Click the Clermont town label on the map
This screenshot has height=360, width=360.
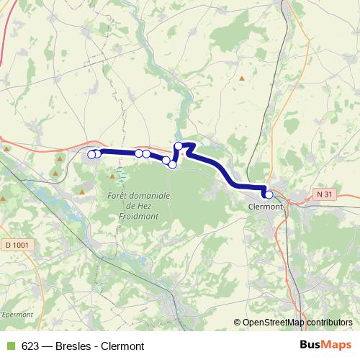[263, 206]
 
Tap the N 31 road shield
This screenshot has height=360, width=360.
[325, 194]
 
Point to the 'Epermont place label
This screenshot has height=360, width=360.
[14, 315]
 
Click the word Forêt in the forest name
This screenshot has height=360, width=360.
[117, 195]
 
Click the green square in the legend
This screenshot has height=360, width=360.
[10, 346]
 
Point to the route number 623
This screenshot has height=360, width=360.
[31, 346]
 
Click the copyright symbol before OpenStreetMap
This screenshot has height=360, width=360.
[238, 323]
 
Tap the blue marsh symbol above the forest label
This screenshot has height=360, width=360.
[121, 175]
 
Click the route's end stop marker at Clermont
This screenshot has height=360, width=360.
[269, 194]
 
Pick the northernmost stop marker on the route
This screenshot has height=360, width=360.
[179, 146]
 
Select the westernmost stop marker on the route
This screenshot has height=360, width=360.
[91, 154]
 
